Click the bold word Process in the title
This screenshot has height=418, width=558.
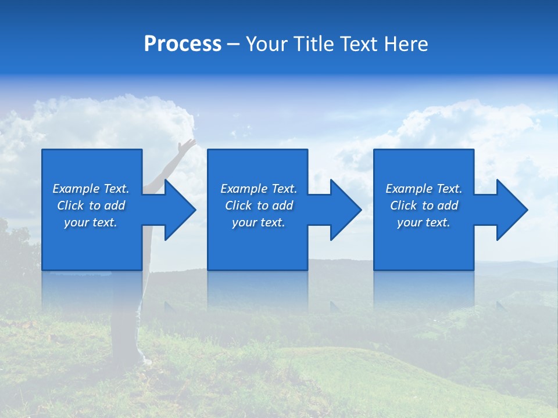click(x=183, y=44)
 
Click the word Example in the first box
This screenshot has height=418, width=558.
click(x=75, y=189)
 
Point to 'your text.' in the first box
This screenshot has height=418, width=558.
click(x=91, y=222)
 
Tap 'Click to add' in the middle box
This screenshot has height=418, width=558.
click(x=259, y=206)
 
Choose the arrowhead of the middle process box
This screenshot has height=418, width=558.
click(x=345, y=210)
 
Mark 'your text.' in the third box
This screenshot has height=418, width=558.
click(x=424, y=222)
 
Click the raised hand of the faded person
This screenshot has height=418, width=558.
click(x=188, y=145)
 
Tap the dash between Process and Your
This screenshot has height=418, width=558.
click(x=234, y=44)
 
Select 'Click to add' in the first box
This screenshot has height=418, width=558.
click(x=91, y=206)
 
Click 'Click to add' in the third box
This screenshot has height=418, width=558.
click(x=424, y=206)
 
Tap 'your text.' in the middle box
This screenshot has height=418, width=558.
click(x=259, y=222)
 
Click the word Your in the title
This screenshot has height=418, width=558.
click(x=266, y=44)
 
